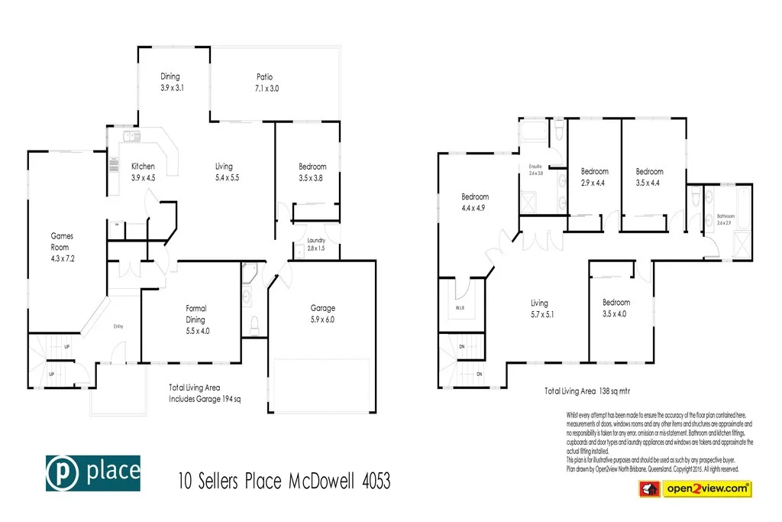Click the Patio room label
click(264, 76)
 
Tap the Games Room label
click(62, 242)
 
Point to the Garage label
click(322, 308)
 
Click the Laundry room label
click(315, 241)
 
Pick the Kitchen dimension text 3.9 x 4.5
click(143, 177)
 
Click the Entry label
click(118, 326)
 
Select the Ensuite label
click(535, 166)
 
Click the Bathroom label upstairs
click(725, 216)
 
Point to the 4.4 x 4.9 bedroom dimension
click(473, 208)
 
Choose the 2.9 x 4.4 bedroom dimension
click(594, 182)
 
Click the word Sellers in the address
click(221, 481)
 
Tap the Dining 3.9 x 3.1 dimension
click(172, 88)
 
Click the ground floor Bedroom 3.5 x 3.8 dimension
click(312, 177)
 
